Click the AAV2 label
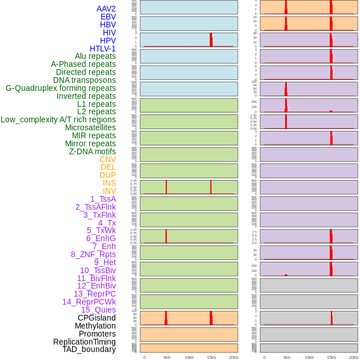106,9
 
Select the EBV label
108,17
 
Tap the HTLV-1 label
103,49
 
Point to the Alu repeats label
95,56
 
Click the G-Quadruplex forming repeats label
61,88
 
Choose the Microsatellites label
90,127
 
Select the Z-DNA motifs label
93,151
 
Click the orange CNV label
107,159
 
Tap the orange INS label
109,183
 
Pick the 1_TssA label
103,199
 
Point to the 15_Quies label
98,310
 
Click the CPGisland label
97,318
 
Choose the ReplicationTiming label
85,342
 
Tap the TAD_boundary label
89,349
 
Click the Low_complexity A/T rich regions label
58,119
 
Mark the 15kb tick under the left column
211,357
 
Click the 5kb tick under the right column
286,357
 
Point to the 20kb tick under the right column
354,357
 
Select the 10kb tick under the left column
189,357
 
